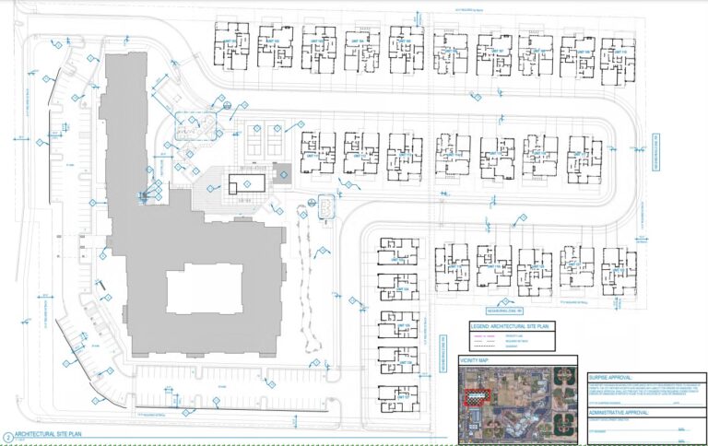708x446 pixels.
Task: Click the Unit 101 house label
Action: point(228,41)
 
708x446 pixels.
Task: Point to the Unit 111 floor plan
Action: point(317,153)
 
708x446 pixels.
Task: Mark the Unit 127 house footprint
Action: point(397,328)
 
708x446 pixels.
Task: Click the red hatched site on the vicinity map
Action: point(478,396)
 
